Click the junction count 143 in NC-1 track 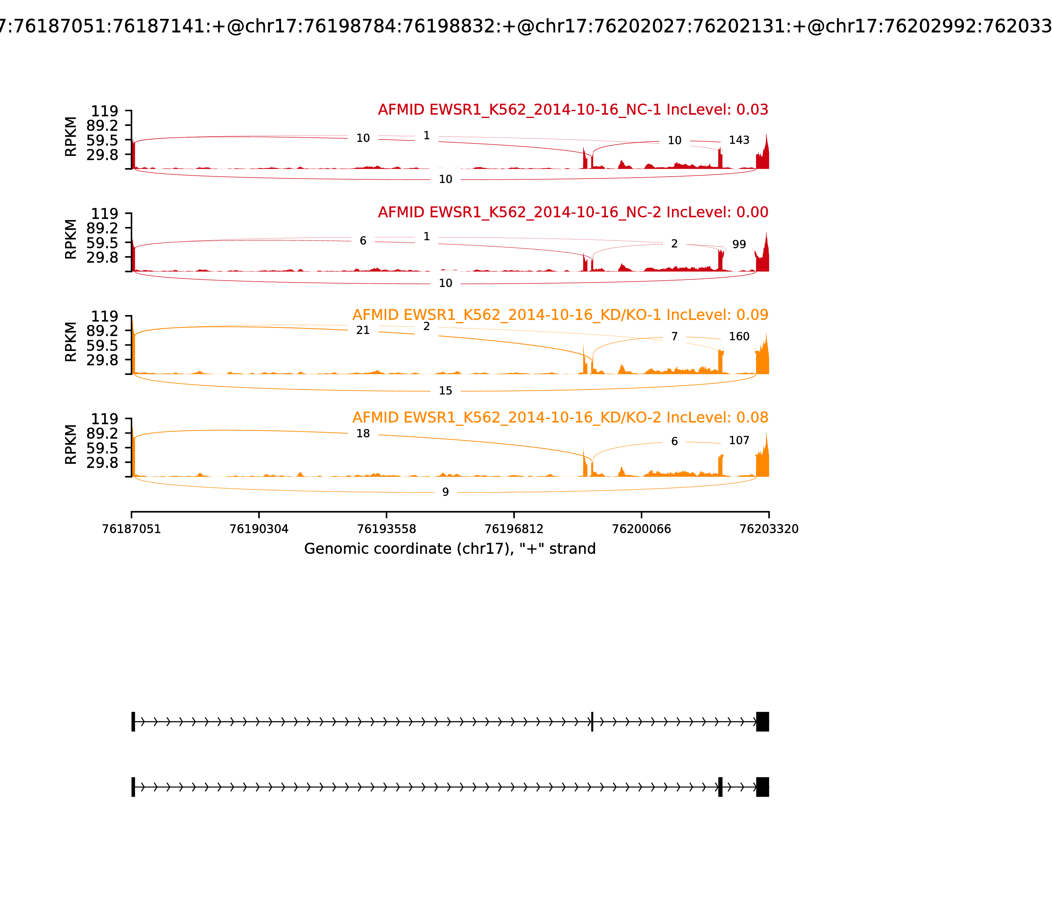(739, 140)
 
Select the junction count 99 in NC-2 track (739, 245)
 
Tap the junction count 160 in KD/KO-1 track (739, 336)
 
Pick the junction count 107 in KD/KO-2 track (739, 440)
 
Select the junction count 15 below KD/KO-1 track (445, 391)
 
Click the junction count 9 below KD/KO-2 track (445, 492)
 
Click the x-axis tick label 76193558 (386, 529)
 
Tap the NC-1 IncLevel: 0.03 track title (573, 110)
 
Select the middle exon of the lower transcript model (720, 787)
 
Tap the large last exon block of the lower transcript (762, 787)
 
